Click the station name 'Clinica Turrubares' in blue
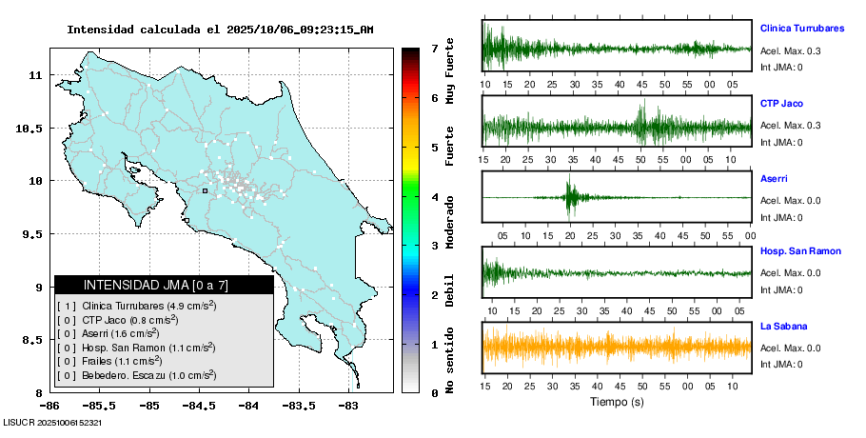pyautogui.click(x=801, y=29)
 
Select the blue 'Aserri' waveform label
pyautogui.click(x=774, y=178)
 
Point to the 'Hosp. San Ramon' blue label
pyautogui.click(x=800, y=251)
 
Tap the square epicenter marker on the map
pyautogui.click(x=205, y=190)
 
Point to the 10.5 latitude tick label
pyautogui.click(x=31, y=129)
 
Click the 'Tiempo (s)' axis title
pyautogui.click(x=617, y=402)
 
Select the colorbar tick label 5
pyautogui.click(x=434, y=148)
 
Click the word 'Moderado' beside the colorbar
pyautogui.click(x=450, y=229)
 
